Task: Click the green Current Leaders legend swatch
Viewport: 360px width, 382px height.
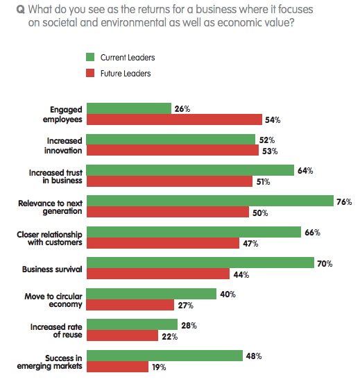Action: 90,57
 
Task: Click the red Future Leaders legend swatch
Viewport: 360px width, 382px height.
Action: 90,73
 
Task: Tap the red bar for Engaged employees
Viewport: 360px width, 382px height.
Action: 174,119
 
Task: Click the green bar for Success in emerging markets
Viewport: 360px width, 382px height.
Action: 165,356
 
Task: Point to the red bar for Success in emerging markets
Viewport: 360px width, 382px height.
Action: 117,367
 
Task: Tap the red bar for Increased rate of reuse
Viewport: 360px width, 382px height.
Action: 123,336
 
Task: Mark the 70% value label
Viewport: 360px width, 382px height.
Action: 326,264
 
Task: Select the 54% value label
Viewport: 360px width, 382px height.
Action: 273,120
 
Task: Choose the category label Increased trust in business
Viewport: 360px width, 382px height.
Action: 56,176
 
